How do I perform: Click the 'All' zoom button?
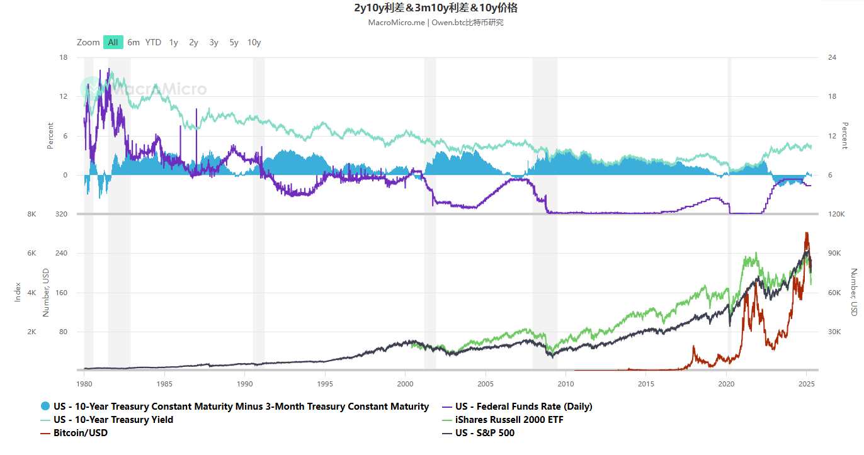click(x=113, y=42)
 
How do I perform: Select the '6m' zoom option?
click(x=134, y=42)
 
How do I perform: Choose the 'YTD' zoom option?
click(x=153, y=42)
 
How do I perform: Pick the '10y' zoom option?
click(x=254, y=42)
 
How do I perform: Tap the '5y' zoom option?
click(x=234, y=42)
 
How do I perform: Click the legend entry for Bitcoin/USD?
click(x=81, y=432)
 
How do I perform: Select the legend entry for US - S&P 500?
click(x=484, y=432)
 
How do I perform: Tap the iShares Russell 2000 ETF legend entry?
click(x=509, y=419)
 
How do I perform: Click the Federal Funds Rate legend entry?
click(x=523, y=406)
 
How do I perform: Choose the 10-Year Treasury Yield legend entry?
click(x=113, y=419)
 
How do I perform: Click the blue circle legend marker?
click(x=45, y=406)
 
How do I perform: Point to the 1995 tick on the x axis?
click(x=325, y=383)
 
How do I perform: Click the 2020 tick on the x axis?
click(x=727, y=383)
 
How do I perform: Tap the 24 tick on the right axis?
click(x=832, y=57)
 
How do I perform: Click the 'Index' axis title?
click(x=18, y=292)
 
